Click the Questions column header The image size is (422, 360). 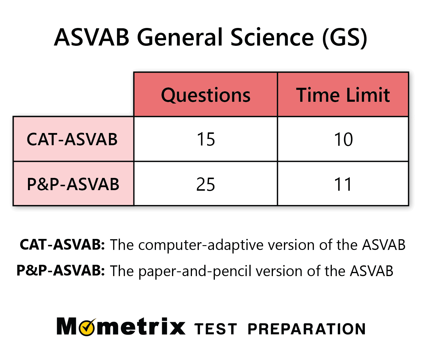pyautogui.click(x=206, y=95)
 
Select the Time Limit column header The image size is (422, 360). pyautogui.click(x=343, y=95)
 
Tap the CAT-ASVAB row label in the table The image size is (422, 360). pyautogui.click(x=72, y=139)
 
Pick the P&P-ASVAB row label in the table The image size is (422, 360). pyautogui.click(x=73, y=184)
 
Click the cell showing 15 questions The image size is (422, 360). pyautogui.click(x=206, y=139)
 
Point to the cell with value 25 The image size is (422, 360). pyautogui.click(x=206, y=184)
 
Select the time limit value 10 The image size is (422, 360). pyautogui.click(x=343, y=139)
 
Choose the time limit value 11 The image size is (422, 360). pyautogui.click(x=343, y=184)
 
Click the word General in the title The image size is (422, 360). pyautogui.click(x=180, y=37)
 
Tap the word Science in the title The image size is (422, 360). pyautogui.click(x=272, y=37)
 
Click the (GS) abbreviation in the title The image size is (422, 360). pyautogui.click(x=345, y=38)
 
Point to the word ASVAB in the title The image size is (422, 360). pyautogui.click(x=92, y=37)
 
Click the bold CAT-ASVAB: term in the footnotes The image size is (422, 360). pyautogui.click(x=62, y=245)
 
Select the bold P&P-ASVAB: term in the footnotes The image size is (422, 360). pyautogui.click(x=61, y=270)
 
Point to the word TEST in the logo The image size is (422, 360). pyautogui.click(x=216, y=329)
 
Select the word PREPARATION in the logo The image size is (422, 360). pyautogui.click(x=307, y=329)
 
